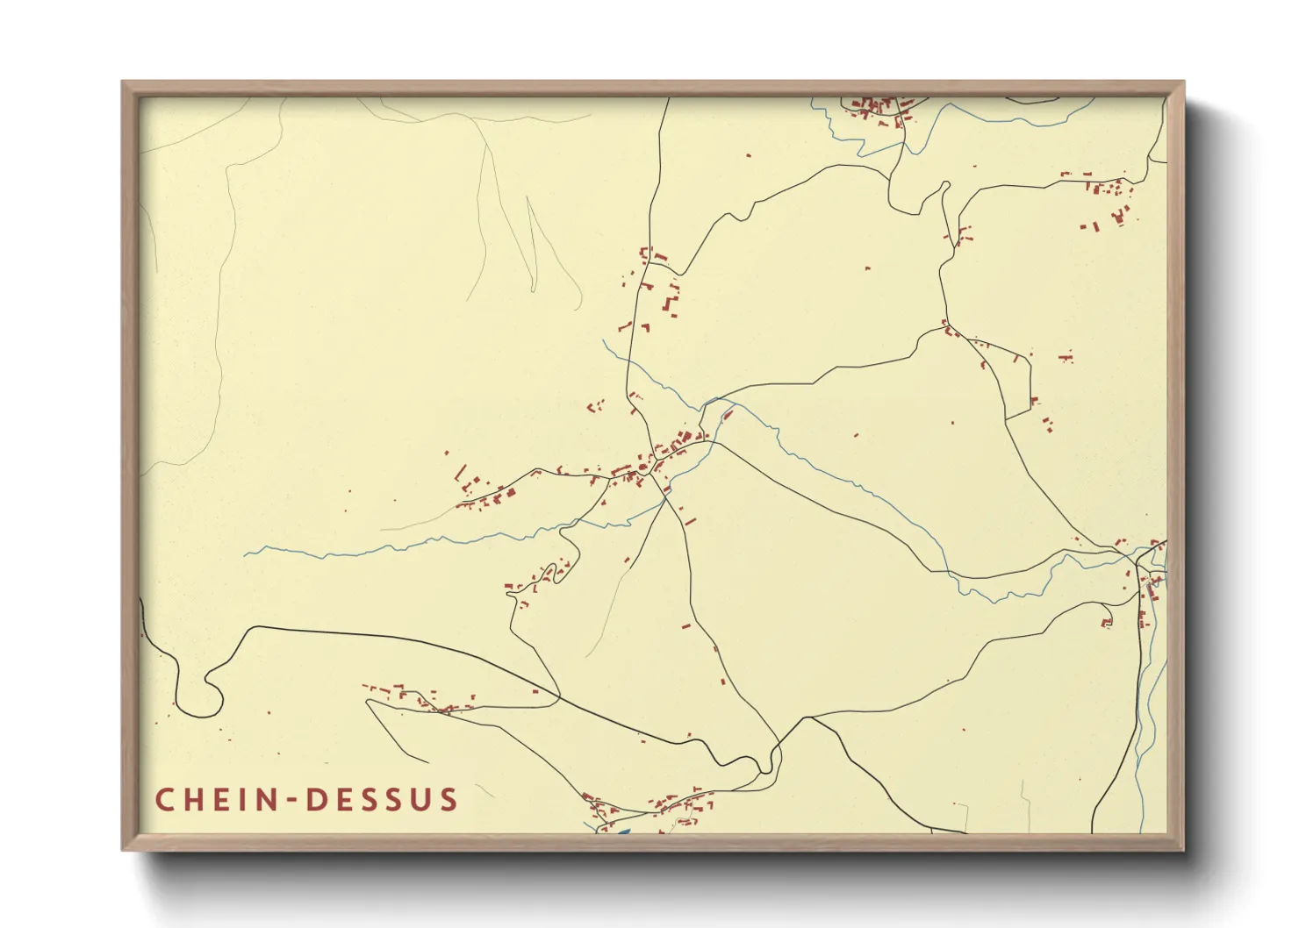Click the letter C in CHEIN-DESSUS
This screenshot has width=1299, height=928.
click(x=164, y=800)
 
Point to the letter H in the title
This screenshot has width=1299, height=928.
click(x=194, y=800)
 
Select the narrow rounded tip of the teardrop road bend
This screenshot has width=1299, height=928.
click(x=945, y=185)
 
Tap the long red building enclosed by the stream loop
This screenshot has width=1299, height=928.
click(x=728, y=414)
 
